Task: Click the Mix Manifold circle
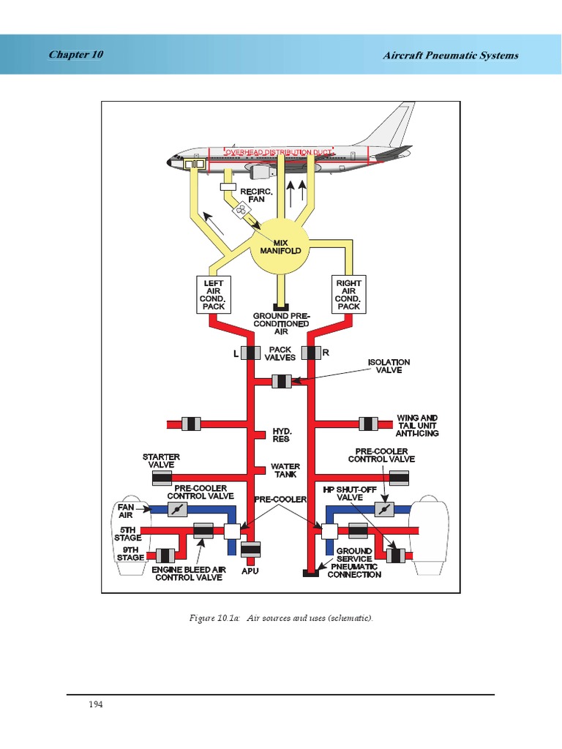pyautogui.click(x=281, y=246)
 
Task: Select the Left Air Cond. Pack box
pyautogui.click(x=214, y=294)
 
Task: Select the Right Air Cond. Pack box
pyautogui.click(x=348, y=294)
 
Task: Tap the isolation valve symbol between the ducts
pyautogui.click(x=281, y=381)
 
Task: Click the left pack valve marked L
pyautogui.click(x=250, y=353)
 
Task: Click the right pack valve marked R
pyautogui.click(x=311, y=353)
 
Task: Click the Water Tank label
pyautogui.click(x=285, y=470)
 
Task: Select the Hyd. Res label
pyautogui.click(x=281, y=435)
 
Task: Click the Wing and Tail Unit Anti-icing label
pyautogui.click(x=417, y=425)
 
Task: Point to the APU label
pyautogui.click(x=250, y=571)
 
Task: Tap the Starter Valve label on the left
pyautogui.click(x=161, y=460)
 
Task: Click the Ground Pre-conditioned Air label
pyautogui.click(x=281, y=323)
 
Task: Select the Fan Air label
pyautogui.click(x=126, y=510)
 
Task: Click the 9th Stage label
pyautogui.click(x=131, y=554)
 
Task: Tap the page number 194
pyautogui.click(x=96, y=704)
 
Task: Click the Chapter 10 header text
pyautogui.click(x=75, y=55)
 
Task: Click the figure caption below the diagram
pyautogui.click(x=281, y=618)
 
